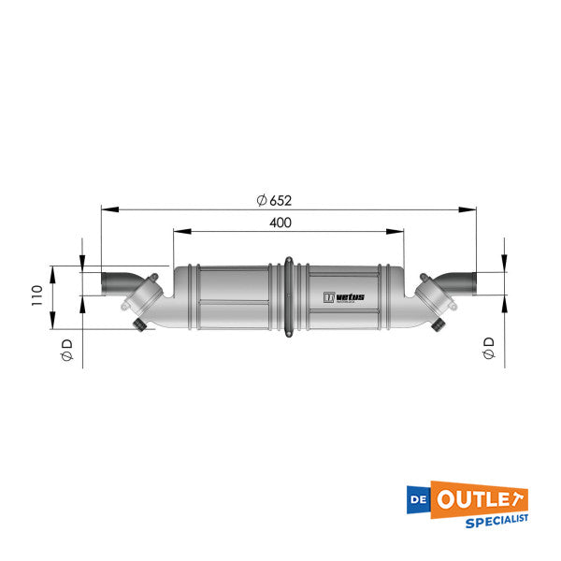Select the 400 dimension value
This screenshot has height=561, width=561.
click(280, 222)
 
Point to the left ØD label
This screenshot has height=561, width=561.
click(66, 351)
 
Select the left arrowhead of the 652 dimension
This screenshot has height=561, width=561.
click(106, 209)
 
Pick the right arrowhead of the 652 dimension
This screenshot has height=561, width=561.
click(469, 209)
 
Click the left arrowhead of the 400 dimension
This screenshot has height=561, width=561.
click(179, 231)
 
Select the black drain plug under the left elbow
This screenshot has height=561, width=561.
click(141, 324)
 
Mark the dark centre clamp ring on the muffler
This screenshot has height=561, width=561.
click(289, 297)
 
